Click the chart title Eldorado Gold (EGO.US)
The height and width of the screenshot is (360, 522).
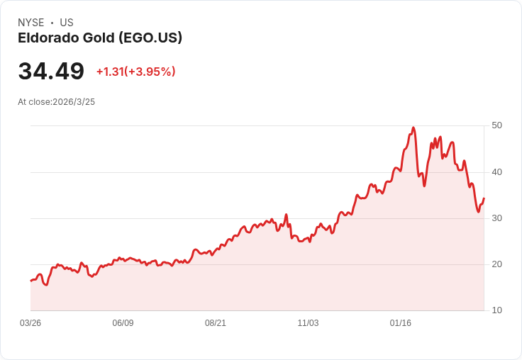point(100,38)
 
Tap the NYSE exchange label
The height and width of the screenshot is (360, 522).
point(31,23)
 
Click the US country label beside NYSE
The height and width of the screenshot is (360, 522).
point(67,23)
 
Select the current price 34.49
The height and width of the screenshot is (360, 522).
point(51,72)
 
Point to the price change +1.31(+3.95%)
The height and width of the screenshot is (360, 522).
point(135,72)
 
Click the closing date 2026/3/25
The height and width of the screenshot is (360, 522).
point(74,102)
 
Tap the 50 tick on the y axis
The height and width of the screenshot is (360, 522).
point(497,125)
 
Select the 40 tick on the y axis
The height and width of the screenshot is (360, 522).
point(497,172)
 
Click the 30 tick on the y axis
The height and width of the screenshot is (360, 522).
point(497,218)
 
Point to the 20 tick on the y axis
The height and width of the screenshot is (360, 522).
point(497,264)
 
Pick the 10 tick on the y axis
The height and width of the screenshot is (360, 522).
point(497,310)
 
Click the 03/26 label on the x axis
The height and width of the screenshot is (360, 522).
point(30,323)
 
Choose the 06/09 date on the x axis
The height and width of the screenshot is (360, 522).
point(123,323)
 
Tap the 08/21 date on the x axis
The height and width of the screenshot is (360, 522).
point(216,323)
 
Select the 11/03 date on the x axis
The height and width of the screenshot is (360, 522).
point(308,323)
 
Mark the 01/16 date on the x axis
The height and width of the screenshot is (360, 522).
point(401,323)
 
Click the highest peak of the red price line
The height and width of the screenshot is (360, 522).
point(413,128)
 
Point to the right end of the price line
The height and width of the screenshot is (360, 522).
point(484,199)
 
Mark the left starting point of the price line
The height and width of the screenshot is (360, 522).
point(30,281)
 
